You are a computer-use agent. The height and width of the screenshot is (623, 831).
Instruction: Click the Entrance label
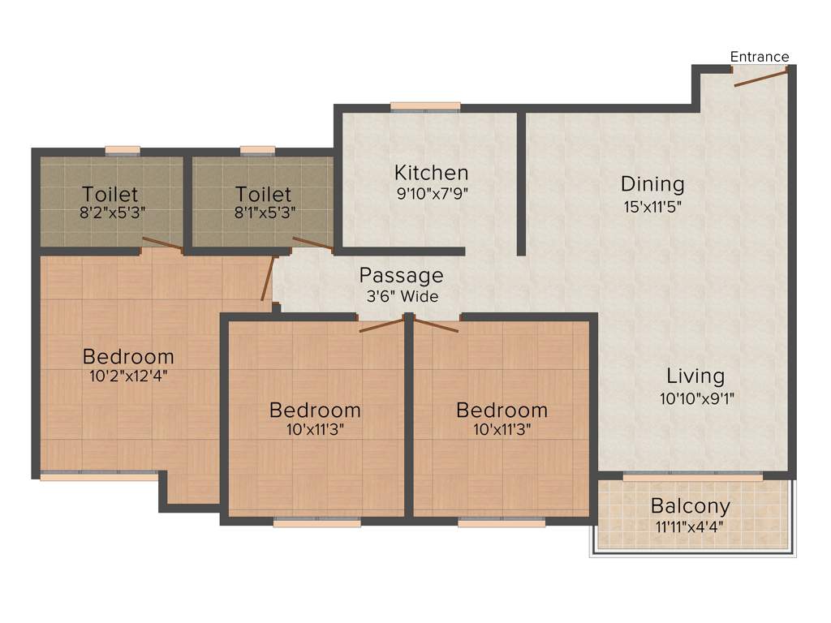tap(760, 57)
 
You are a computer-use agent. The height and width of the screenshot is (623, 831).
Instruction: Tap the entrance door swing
tap(760, 78)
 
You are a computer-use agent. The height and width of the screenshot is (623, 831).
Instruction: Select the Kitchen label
tap(431, 173)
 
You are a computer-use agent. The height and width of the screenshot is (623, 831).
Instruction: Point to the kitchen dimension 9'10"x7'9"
tap(431, 194)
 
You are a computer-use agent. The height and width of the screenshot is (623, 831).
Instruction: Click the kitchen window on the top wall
tap(425, 106)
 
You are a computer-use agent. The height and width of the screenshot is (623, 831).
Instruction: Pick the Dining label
tap(652, 184)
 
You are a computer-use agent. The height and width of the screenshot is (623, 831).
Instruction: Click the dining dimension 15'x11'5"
tap(652, 206)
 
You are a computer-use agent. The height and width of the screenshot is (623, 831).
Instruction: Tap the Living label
tap(695, 376)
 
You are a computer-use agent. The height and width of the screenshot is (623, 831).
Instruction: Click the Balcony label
tap(691, 506)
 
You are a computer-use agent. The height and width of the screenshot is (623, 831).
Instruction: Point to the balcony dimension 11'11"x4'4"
tap(691, 526)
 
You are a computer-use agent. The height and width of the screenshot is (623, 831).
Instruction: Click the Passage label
tap(402, 275)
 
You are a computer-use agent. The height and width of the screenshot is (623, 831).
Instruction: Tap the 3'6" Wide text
tap(402, 297)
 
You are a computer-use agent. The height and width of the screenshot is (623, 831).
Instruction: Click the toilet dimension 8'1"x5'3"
tap(264, 215)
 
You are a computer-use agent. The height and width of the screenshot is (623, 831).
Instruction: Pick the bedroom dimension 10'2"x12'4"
tap(128, 376)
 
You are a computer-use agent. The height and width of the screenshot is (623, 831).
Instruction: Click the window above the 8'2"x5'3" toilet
tap(123, 150)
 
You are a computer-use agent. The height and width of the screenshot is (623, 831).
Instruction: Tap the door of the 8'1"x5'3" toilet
tap(312, 243)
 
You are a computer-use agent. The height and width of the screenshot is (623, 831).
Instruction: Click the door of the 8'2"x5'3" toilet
tap(161, 243)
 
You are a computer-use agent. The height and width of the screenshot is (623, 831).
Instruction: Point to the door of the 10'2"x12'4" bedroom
tap(268, 280)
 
